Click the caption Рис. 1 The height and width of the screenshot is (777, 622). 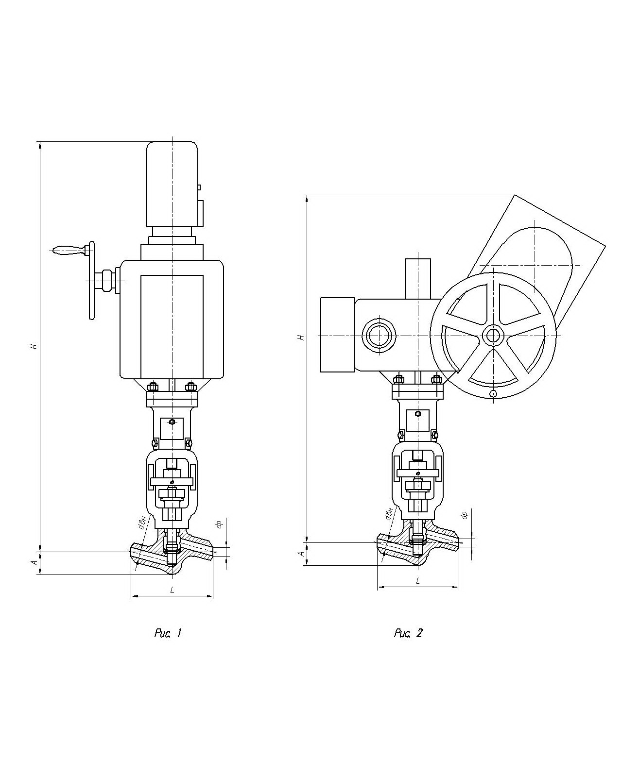coord(168,633)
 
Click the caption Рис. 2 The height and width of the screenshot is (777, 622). coord(408,633)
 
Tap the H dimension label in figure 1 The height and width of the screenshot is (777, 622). coord(34,346)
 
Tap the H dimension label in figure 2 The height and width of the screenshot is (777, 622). coord(301,337)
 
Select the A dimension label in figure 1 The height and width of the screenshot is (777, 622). coord(34,562)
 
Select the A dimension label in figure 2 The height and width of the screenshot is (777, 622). coord(301,553)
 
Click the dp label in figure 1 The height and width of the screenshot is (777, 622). coord(219,524)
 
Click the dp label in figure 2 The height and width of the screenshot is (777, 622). coord(464,515)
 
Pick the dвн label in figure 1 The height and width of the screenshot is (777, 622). coord(142,523)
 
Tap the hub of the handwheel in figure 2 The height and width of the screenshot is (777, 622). coord(493,335)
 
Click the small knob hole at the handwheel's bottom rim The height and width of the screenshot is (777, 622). coord(493,393)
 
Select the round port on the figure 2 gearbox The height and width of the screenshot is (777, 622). coord(379,336)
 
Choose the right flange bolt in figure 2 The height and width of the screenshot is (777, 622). coord(436,379)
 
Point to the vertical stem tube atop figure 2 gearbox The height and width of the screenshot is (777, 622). coord(418,278)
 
